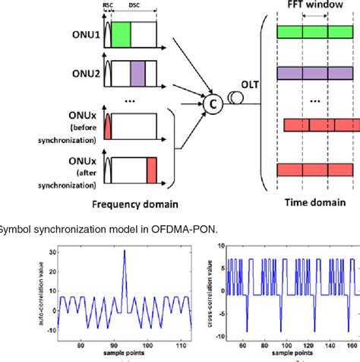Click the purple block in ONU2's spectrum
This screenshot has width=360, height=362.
click(x=137, y=73)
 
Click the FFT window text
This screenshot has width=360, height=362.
click(x=314, y=5)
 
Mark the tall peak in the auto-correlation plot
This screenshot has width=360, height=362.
click(x=124, y=262)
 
